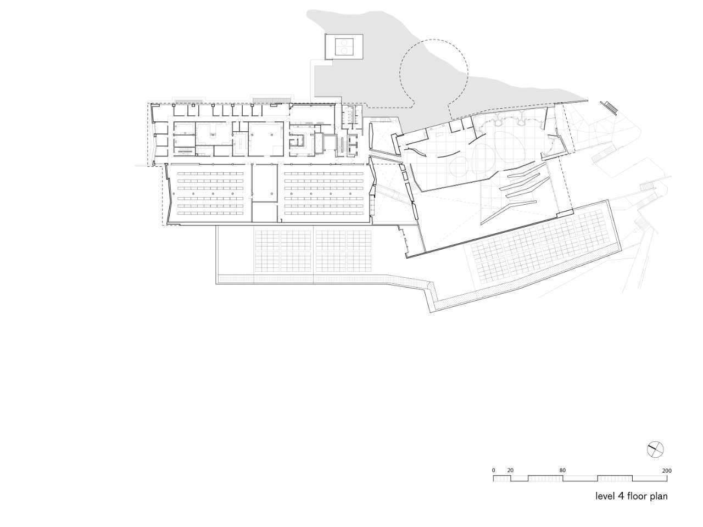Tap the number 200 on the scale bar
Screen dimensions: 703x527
point(667,470)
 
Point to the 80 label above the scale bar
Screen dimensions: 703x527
point(562,470)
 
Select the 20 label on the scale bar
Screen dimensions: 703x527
point(510,470)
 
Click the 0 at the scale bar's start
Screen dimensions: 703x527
point(494,470)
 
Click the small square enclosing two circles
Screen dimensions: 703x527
point(344,47)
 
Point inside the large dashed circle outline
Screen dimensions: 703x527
point(434,74)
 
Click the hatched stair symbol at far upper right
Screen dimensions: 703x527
point(610,107)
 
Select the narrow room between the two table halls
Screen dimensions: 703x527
point(264,183)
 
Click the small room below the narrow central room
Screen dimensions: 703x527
point(264,212)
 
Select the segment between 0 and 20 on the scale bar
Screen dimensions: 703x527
point(502,478)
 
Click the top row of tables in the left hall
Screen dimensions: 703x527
point(210,174)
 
